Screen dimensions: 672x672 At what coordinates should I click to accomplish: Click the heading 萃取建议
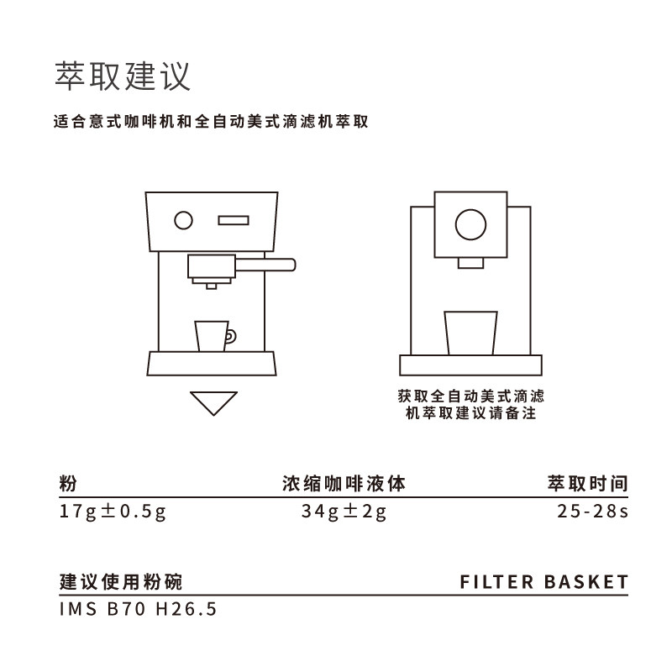click(x=123, y=76)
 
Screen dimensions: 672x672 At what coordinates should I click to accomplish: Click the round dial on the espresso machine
click(x=183, y=221)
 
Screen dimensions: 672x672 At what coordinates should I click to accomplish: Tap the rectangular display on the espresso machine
click(x=234, y=221)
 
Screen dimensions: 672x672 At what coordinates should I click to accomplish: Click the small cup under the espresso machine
click(x=212, y=336)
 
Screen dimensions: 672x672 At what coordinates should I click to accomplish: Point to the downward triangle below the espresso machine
click(x=213, y=402)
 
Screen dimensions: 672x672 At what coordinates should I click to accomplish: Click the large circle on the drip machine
click(x=470, y=223)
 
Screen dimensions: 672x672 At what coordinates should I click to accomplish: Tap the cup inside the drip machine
click(x=470, y=333)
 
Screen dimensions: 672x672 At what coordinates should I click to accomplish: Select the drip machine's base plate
click(x=470, y=365)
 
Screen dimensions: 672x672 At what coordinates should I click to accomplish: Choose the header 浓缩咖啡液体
click(x=344, y=484)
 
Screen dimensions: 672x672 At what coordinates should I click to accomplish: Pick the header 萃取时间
click(x=587, y=484)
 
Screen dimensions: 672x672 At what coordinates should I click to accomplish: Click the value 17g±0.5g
click(x=113, y=512)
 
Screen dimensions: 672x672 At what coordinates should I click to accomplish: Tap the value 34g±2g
click(x=344, y=512)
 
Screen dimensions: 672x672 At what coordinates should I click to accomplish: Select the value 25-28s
click(x=592, y=512)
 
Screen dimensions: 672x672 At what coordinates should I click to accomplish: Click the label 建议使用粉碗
click(x=121, y=581)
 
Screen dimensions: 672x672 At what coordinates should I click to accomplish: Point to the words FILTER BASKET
click(x=544, y=581)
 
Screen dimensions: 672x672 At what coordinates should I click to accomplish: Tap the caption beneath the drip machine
click(x=470, y=404)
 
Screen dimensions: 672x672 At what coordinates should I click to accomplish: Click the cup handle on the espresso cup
click(x=231, y=336)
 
